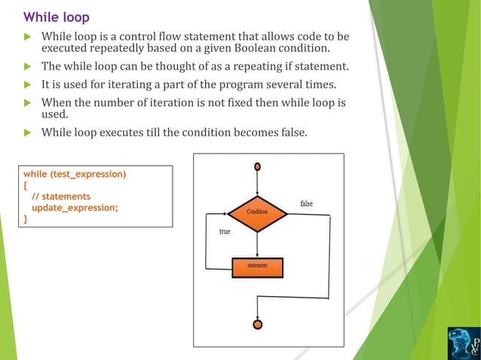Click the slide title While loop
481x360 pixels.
click(x=56, y=17)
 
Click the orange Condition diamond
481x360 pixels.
click(x=258, y=212)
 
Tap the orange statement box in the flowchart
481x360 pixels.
click(x=257, y=267)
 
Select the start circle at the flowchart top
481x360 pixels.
click(x=258, y=166)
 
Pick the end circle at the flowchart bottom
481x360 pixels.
click(x=258, y=325)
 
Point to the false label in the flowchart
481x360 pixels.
click(x=307, y=204)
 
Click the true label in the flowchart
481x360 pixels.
click(x=225, y=232)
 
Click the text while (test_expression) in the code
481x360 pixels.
click(x=75, y=175)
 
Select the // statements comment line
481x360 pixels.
click(x=61, y=197)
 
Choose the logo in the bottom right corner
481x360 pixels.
click(x=462, y=342)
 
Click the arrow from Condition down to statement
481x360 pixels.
click(x=258, y=244)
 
